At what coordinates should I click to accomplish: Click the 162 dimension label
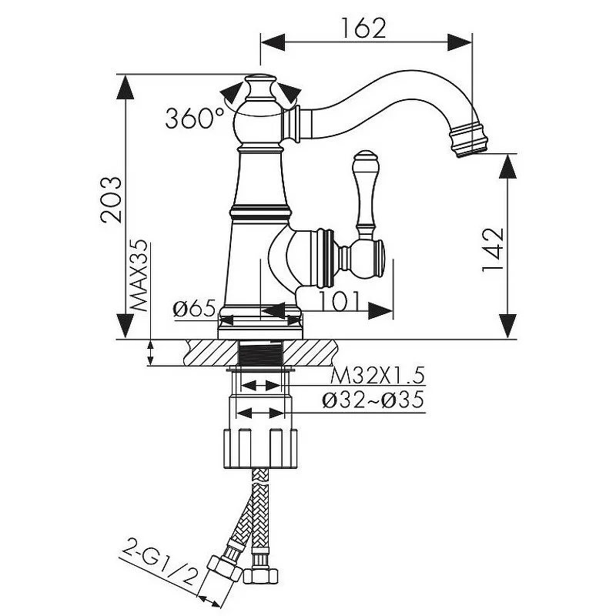(363, 28)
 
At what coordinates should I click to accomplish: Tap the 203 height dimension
(111, 200)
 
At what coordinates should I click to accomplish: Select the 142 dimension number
(493, 249)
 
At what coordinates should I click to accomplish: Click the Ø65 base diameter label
(195, 308)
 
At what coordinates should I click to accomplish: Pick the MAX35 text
(139, 276)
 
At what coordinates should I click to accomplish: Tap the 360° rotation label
(195, 119)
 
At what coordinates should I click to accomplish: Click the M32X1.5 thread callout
(377, 376)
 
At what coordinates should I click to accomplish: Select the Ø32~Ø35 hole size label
(373, 400)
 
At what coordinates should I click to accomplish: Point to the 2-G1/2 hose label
(160, 567)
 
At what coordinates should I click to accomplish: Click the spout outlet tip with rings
(469, 140)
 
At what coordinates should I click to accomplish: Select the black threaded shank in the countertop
(260, 353)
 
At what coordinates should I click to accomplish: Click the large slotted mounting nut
(260, 449)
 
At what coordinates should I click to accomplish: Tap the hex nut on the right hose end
(260, 576)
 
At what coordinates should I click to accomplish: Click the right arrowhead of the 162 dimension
(460, 42)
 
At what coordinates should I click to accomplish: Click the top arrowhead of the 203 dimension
(126, 87)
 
